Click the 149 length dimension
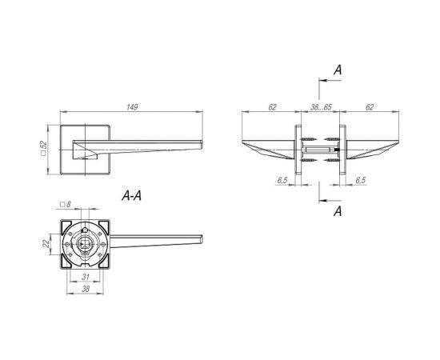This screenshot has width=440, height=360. tap(132, 107)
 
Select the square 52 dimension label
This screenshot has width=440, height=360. tap(43, 148)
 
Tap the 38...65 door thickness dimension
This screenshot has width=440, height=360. tap(321, 107)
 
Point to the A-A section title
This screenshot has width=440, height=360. tap(132, 195)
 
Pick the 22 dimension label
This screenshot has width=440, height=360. tap(46, 244)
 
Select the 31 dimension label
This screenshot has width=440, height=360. tap(86, 277)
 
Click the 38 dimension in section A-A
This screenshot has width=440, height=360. tap(86, 289)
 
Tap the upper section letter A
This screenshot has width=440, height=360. tap(338, 70)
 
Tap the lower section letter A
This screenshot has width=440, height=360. tap(338, 211)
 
